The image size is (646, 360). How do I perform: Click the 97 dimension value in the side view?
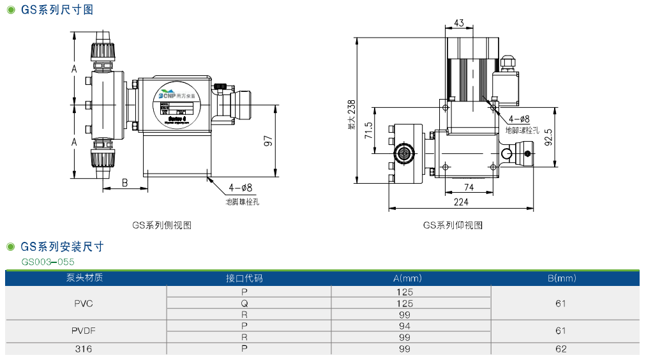pos(269,141)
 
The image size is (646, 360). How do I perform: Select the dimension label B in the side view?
pos(125,183)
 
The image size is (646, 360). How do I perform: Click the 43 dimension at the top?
pos(459,23)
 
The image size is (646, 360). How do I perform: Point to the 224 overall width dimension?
pos(461,202)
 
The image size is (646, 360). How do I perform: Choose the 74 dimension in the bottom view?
pos(469,187)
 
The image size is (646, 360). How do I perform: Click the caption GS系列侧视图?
pos(161,225)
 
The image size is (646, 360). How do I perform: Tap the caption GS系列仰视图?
pos(453,225)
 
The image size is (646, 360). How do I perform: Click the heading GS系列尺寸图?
pos(56,10)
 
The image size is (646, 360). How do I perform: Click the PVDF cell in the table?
pos(84,331)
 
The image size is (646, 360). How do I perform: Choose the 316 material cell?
pos(84,349)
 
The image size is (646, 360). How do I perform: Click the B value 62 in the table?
pos(561,349)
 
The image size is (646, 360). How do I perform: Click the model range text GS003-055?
pos(48,262)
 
